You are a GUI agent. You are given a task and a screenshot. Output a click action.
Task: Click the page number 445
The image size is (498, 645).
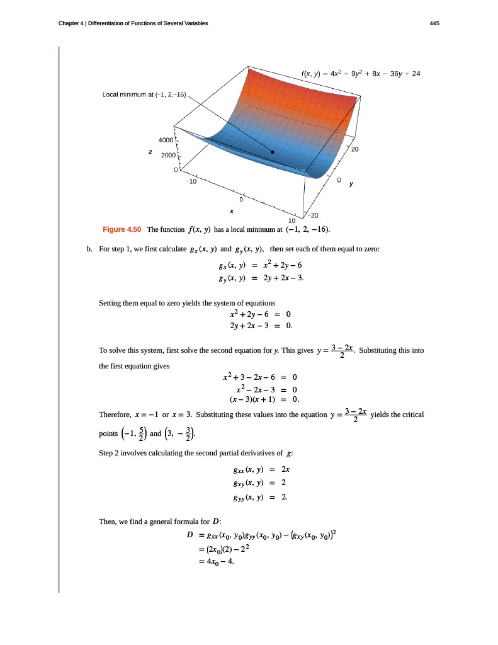(x=434, y=23)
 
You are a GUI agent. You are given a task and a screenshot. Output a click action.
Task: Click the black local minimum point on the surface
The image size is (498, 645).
(x=273, y=152)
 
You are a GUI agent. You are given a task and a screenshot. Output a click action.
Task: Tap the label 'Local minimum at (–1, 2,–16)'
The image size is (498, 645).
(x=144, y=95)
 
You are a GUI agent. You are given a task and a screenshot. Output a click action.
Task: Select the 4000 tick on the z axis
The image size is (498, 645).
(x=166, y=140)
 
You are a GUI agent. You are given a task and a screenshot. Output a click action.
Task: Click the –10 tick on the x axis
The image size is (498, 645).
(x=191, y=181)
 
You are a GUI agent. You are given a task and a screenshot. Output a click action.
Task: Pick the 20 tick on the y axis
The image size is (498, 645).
(x=354, y=149)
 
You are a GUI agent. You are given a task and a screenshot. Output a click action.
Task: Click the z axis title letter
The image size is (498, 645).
(x=149, y=152)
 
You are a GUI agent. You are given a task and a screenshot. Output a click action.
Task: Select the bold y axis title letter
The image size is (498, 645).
(x=351, y=185)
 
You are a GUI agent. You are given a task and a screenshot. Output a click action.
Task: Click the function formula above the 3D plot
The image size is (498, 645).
(x=361, y=74)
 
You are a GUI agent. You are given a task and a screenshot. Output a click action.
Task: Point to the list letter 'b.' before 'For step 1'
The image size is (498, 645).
(x=89, y=249)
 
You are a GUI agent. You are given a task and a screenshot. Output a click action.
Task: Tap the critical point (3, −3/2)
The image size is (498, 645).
(x=183, y=433)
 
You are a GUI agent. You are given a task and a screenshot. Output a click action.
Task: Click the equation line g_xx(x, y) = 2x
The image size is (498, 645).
(x=261, y=470)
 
